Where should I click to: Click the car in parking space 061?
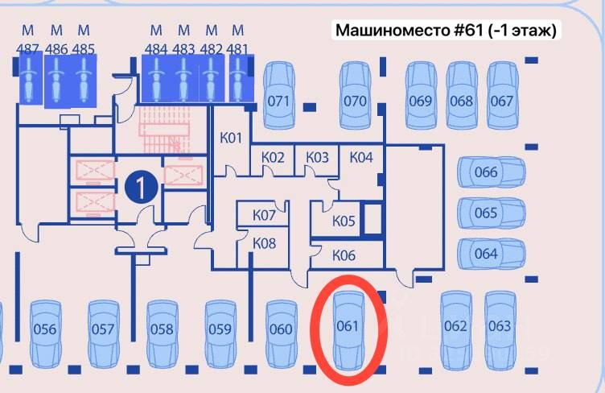pos(349,329)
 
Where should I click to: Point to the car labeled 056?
pos(45,330)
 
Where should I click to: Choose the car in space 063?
pos(500,327)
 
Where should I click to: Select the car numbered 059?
pos(220,330)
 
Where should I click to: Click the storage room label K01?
pos(231,138)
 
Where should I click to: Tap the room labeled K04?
pos(361,157)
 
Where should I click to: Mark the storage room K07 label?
pos(264,215)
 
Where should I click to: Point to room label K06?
pos(344,255)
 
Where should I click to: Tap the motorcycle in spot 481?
pos(237,79)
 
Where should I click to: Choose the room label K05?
pos(344,221)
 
